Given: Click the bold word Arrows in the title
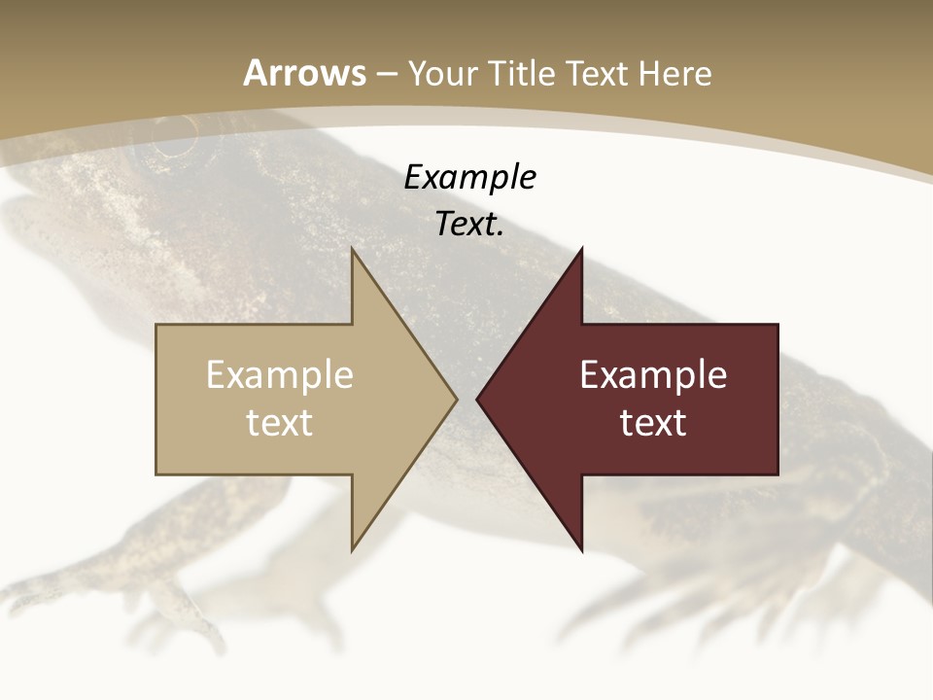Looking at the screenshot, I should [304, 73].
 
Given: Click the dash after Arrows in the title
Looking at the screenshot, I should [387, 74].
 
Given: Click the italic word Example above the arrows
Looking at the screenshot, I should [470, 177].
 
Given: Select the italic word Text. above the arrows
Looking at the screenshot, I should [470, 224].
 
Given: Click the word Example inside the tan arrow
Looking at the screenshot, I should [280, 375].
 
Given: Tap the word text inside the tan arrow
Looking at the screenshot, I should [280, 422].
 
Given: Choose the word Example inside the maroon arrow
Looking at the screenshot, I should [653, 375].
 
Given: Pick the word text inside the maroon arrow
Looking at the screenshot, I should [653, 422].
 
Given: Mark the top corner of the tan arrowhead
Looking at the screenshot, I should [353, 251].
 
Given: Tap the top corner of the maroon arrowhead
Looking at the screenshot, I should [581, 251].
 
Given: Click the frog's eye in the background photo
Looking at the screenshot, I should [171, 143].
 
